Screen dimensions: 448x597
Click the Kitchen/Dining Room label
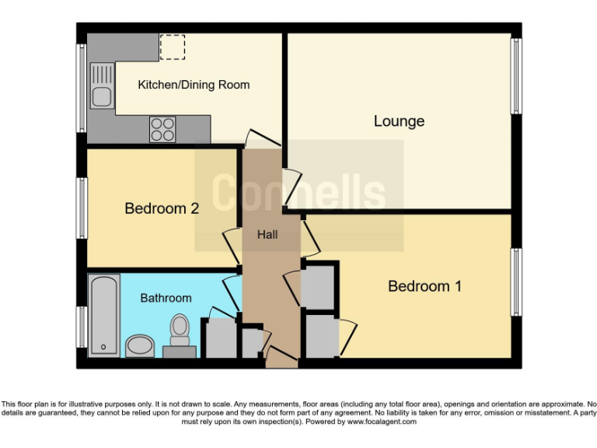tap(194, 84)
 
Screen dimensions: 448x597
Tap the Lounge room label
tap(399, 121)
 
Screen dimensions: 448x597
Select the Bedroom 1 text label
tap(424, 286)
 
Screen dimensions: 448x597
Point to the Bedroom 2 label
tap(162, 208)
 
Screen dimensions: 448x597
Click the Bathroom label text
tap(166, 298)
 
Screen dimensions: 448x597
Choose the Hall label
tap(267, 234)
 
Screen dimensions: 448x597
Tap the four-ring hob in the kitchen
tap(162, 128)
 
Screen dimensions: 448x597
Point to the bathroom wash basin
tap(140, 345)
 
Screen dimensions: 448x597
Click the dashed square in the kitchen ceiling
tap(172, 47)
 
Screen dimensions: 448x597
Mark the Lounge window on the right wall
tap(515, 75)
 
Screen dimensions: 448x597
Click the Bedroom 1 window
tap(515, 282)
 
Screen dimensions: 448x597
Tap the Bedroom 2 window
tap(81, 208)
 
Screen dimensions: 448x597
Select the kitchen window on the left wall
tap(81, 87)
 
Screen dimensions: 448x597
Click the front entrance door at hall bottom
tap(281, 359)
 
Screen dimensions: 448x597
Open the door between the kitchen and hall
tap(261, 139)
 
